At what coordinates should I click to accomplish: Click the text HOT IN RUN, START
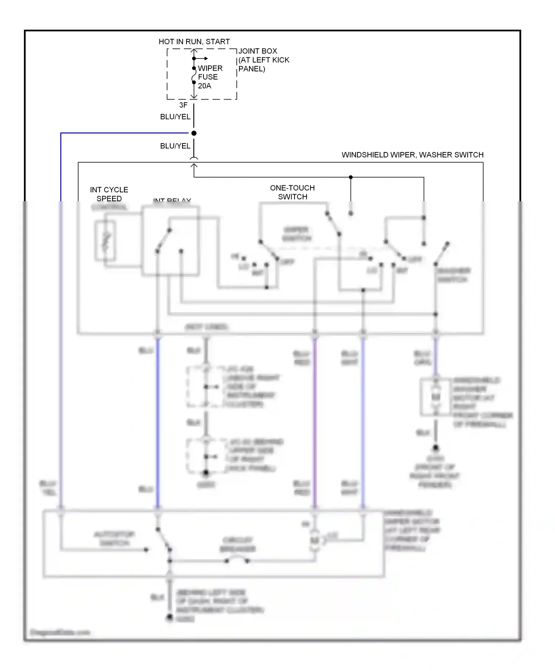tap(194, 41)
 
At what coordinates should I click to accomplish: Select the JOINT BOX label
tap(258, 51)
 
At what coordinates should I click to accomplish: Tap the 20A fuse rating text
tap(204, 86)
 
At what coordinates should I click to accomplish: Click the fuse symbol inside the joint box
tap(194, 75)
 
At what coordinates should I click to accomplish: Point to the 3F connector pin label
tap(183, 105)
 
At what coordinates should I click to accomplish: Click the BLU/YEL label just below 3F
tap(175, 117)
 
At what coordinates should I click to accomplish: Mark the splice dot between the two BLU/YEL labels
tap(194, 133)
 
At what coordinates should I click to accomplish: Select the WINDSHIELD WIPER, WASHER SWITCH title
tap(412, 155)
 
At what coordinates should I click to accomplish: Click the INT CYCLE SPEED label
tap(109, 194)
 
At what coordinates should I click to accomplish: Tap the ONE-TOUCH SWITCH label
tap(292, 192)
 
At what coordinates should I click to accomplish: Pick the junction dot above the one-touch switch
tap(351, 177)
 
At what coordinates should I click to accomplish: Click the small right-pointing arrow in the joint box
tap(203, 58)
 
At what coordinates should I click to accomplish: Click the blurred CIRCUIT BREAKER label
tap(238, 544)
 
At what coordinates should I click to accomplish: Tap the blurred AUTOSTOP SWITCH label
tap(114, 539)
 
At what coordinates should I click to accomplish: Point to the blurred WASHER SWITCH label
tap(453, 275)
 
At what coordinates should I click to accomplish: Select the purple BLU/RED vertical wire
tap(314, 422)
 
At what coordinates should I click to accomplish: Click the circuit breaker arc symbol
tap(237, 559)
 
